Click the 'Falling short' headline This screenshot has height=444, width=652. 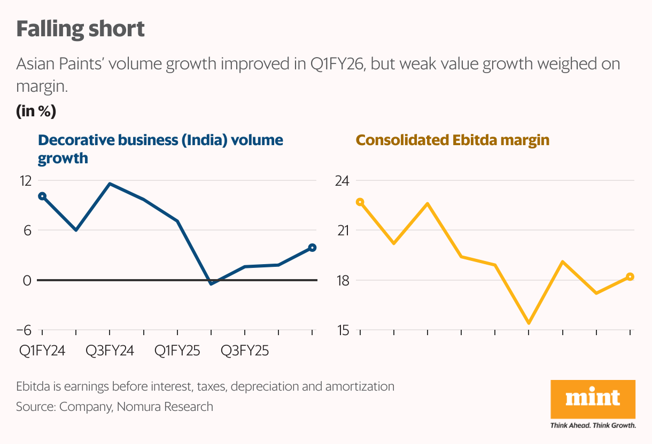coord(80,29)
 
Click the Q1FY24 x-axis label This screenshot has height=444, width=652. coord(42,351)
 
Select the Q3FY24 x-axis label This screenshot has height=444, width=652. coord(110,351)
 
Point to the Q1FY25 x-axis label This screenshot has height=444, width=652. coord(177,351)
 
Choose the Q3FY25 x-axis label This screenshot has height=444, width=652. coord(245,351)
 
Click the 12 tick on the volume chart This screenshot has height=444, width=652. coord(25,180)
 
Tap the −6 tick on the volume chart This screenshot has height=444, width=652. coord(24,330)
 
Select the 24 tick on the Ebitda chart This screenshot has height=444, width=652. coord(341,180)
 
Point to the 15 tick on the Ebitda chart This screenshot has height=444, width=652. coord(341,330)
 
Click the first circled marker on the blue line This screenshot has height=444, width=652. coord(42,196)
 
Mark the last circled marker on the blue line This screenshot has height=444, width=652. coord(313,248)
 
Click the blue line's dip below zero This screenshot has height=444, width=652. coord(212,283)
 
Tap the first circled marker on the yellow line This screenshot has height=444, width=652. coord(360,202)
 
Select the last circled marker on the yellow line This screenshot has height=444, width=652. coord(630,276)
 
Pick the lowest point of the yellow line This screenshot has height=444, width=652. coord(529,323)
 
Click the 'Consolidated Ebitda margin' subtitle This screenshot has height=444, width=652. coord(453,140)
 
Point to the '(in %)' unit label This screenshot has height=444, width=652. coord(36,112)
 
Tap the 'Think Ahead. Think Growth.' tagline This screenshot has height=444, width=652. coord(593,426)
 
